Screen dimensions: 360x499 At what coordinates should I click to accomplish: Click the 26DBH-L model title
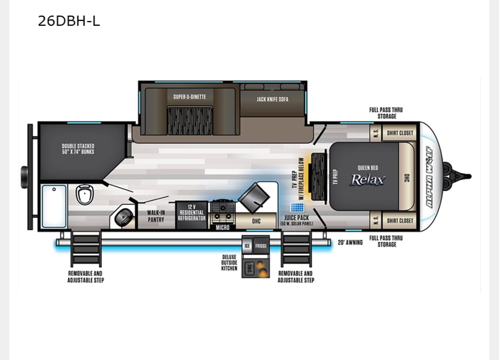68,21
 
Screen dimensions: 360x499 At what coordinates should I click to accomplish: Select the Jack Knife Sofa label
273,99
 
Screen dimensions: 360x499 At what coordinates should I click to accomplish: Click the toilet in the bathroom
84,194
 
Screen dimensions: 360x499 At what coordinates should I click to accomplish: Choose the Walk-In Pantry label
156,216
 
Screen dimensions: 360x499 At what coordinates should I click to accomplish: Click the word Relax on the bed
367,179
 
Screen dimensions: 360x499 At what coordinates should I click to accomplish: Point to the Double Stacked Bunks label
78,149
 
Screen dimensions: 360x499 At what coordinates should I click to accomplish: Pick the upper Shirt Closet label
400,133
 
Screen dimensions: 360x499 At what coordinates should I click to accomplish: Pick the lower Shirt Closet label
400,221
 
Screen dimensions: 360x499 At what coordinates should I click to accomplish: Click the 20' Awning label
350,242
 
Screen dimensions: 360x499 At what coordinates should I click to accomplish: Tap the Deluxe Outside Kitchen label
229,262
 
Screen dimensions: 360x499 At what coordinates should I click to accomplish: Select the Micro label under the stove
222,227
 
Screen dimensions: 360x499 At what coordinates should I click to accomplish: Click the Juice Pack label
296,218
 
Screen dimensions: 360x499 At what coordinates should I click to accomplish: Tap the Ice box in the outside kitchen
247,246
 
